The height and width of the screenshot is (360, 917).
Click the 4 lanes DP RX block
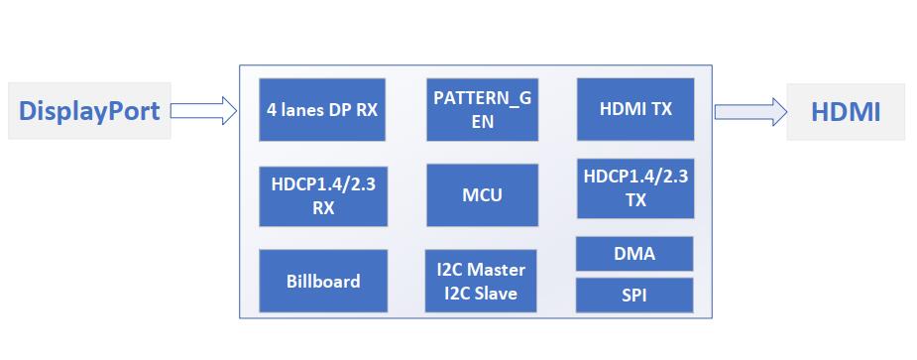321,109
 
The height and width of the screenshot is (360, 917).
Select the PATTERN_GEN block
482,109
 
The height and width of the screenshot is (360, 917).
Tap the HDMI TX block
634,109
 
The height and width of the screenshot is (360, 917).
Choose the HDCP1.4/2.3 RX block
321,195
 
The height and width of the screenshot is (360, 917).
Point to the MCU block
482,195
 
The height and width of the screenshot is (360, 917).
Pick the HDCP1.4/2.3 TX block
634,188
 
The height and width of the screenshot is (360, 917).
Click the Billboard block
321,281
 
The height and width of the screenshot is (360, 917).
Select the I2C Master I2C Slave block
482,281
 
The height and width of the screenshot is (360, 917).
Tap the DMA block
634,254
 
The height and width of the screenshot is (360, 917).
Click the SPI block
634,295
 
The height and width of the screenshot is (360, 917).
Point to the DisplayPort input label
89,111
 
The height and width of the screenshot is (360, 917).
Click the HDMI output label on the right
845,112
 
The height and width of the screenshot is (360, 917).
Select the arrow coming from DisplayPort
204,111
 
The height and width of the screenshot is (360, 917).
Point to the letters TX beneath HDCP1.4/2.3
635,200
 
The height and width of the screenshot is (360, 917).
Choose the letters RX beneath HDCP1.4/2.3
321,208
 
